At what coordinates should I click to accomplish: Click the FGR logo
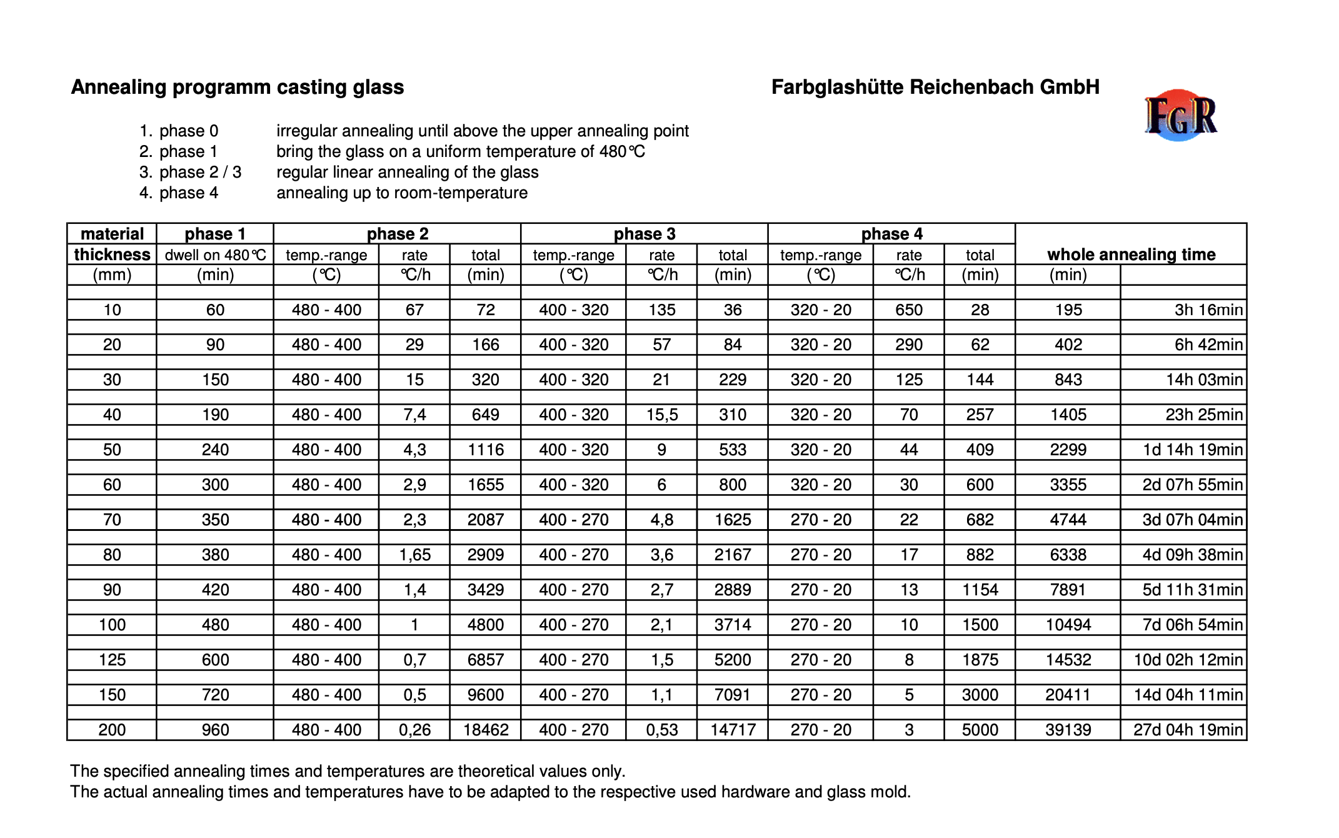point(1180,116)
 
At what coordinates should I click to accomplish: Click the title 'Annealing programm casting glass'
point(238,87)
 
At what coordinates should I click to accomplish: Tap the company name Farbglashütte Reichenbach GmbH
point(935,87)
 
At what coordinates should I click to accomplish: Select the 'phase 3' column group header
point(644,234)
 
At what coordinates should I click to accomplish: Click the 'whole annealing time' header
point(1131,255)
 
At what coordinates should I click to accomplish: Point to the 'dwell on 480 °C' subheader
point(215,255)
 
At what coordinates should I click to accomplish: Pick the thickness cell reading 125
point(112,660)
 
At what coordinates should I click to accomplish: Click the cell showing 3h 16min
point(1208,310)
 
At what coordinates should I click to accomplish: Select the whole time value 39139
point(1068,730)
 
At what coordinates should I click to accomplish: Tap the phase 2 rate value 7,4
point(414,415)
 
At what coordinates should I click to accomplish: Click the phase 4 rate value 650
point(908,310)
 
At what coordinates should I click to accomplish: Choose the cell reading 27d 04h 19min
point(1188,730)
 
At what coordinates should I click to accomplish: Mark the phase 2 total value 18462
point(486,730)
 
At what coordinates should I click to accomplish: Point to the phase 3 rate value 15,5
point(661,415)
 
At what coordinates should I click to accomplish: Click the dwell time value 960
point(215,730)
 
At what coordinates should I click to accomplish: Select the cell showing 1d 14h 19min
point(1192,450)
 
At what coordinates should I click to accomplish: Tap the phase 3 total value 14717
point(733,730)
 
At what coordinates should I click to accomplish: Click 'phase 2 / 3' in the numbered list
point(200,172)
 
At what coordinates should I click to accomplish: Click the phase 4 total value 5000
point(980,730)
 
